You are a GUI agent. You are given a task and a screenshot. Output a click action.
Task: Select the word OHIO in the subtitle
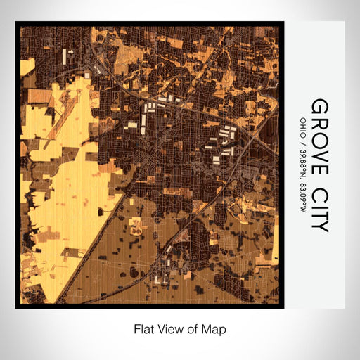coord(302,127)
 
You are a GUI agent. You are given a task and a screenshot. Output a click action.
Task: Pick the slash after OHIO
coord(302,141)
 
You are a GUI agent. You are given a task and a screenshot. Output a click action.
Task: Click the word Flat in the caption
coord(143,328)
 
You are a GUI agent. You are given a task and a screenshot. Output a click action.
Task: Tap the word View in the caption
coord(170,328)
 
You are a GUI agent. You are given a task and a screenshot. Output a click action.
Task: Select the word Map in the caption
coord(216,328)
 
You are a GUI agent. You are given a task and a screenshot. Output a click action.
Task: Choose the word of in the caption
coord(194,328)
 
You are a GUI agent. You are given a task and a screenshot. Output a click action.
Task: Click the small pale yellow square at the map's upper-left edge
coord(28,67)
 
